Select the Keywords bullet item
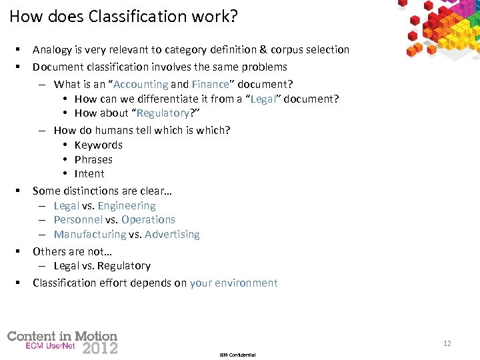click(x=98, y=145)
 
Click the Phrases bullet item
click(x=93, y=159)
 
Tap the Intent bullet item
click(x=89, y=173)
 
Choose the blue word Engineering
click(x=127, y=205)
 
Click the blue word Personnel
click(x=78, y=219)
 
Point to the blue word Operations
click(x=148, y=219)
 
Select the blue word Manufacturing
click(x=89, y=234)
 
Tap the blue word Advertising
click(x=172, y=234)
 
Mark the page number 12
click(x=447, y=343)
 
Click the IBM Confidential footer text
click(x=237, y=355)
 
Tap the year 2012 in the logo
click(x=99, y=348)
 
